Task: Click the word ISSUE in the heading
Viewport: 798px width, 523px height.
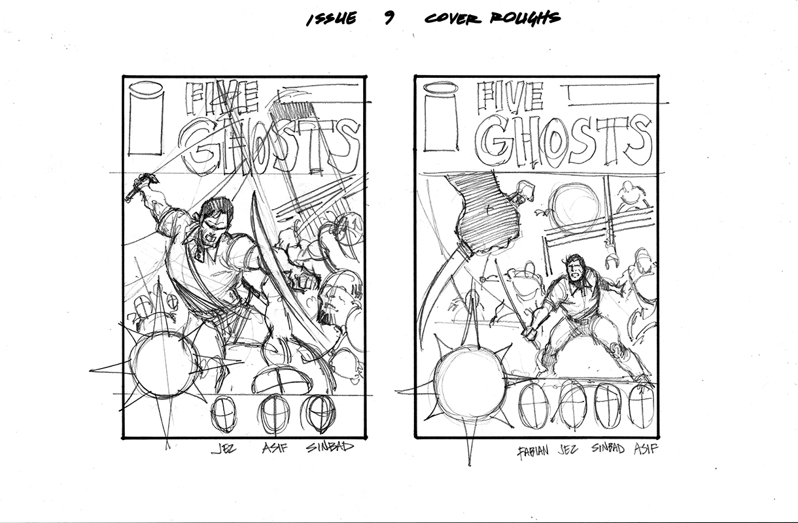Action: tap(332, 18)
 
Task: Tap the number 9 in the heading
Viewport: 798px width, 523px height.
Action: tap(390, 18)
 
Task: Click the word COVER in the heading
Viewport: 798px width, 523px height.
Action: tap(453, 18)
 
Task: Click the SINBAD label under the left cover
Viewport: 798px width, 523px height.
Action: tap(330, 448)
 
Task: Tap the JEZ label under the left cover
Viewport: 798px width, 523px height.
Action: tap(224, 449)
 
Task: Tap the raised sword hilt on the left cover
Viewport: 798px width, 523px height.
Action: tap(136, 186)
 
